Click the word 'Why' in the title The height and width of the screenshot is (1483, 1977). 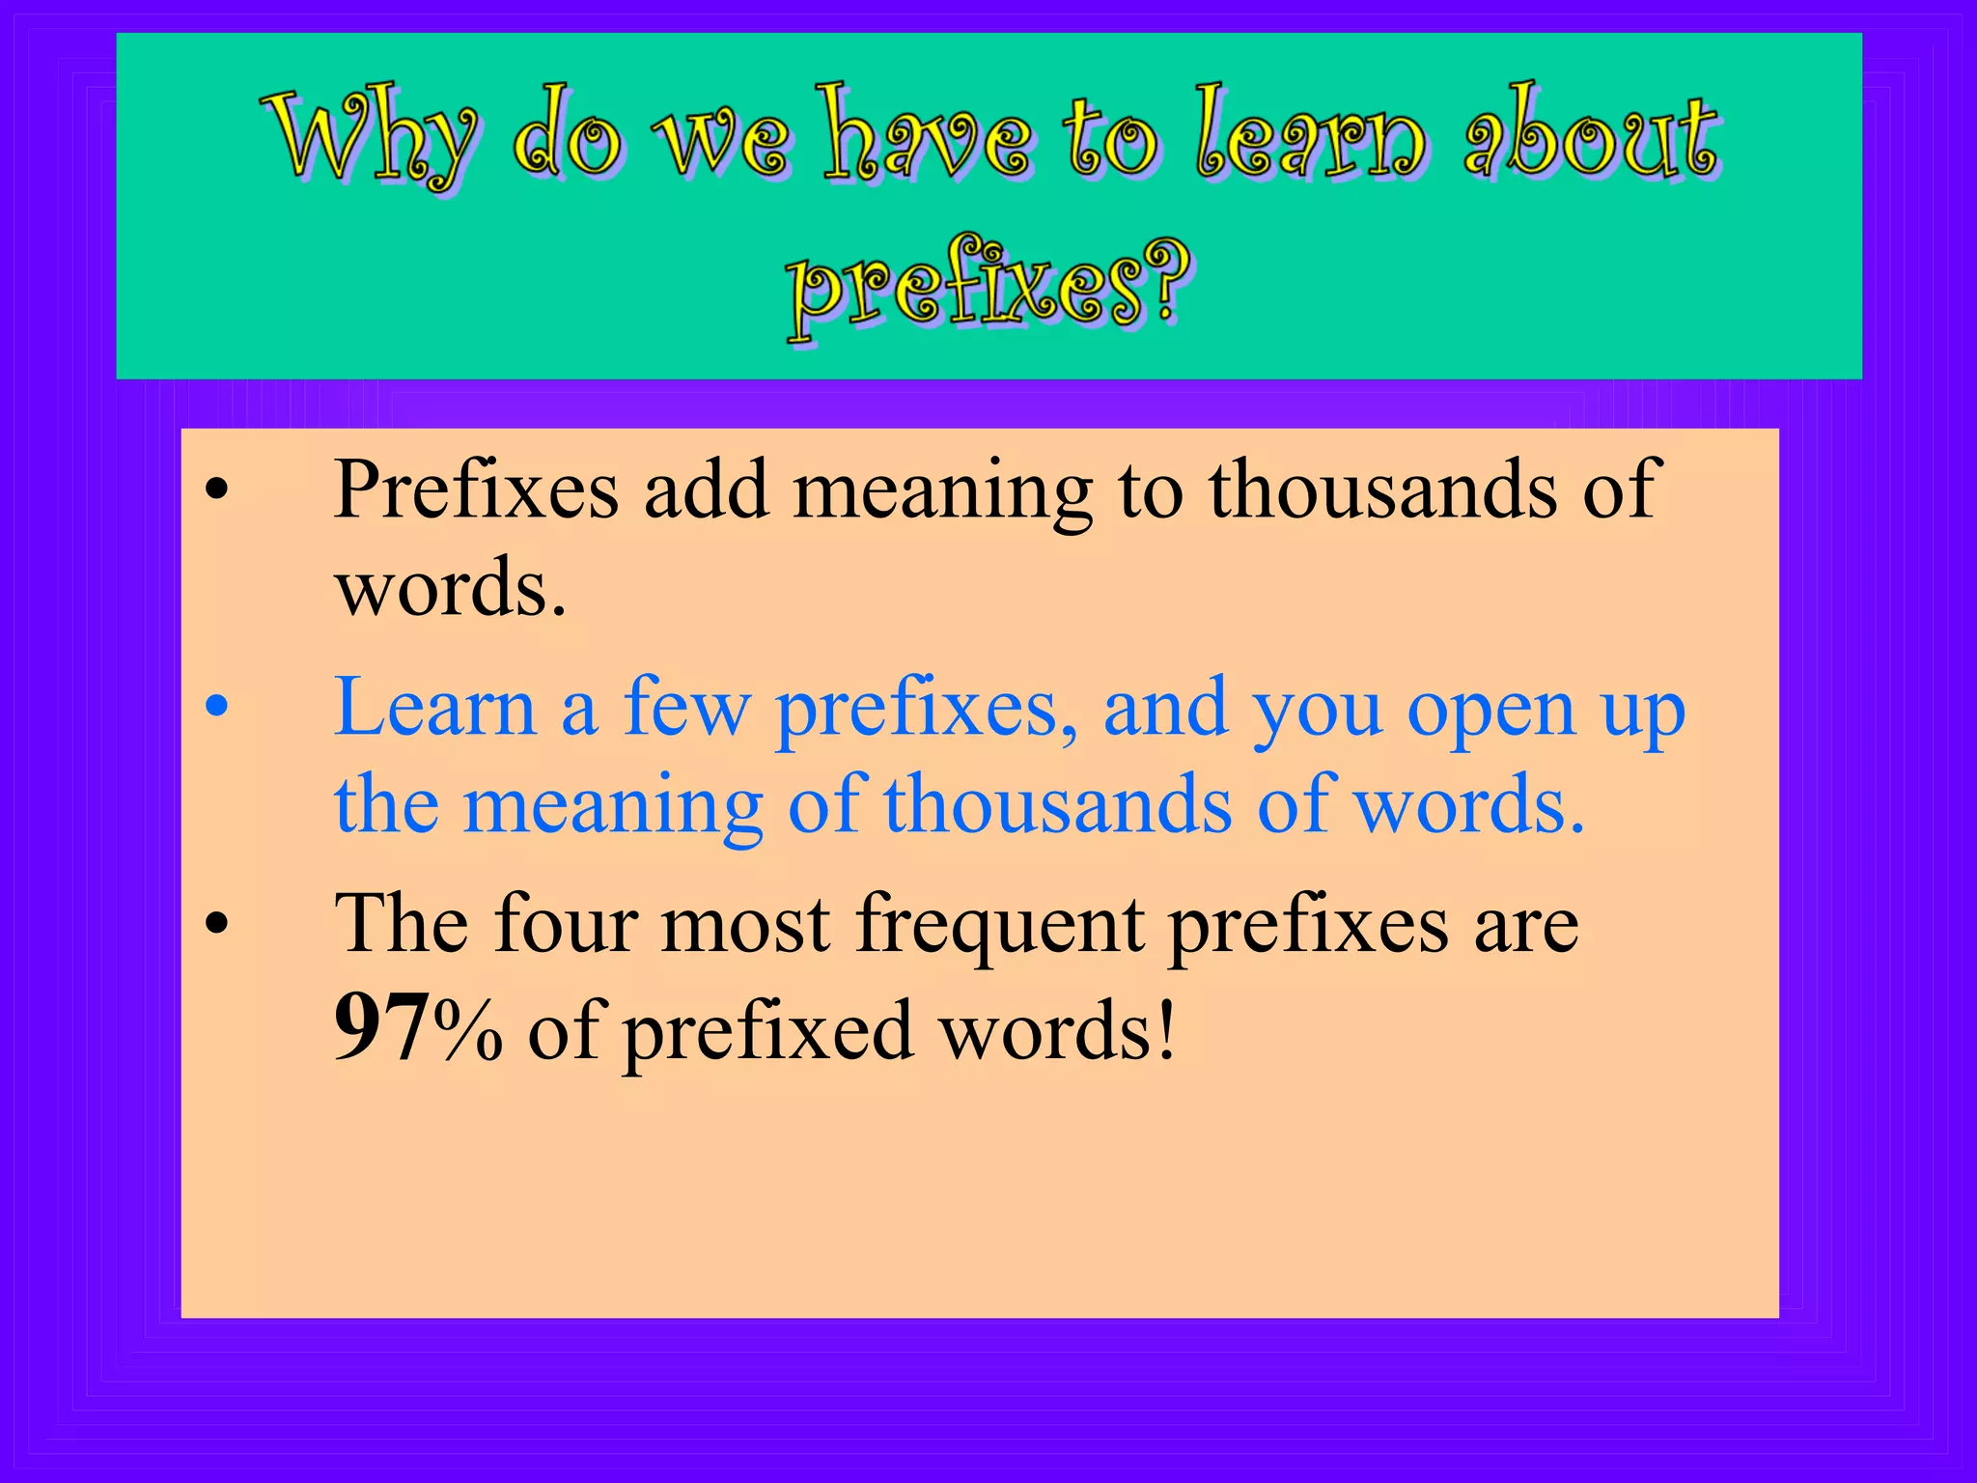coord(372,135)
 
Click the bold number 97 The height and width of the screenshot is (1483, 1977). coord(382,1029)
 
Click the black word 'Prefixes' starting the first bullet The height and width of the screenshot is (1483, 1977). coord(476,490)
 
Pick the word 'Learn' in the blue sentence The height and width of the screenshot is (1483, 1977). coord(434,707)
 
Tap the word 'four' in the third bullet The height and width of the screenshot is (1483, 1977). coord(566,924)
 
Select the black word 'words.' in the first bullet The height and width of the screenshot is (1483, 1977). coord(450,589)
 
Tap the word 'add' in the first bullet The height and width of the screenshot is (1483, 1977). coord(706,490)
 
